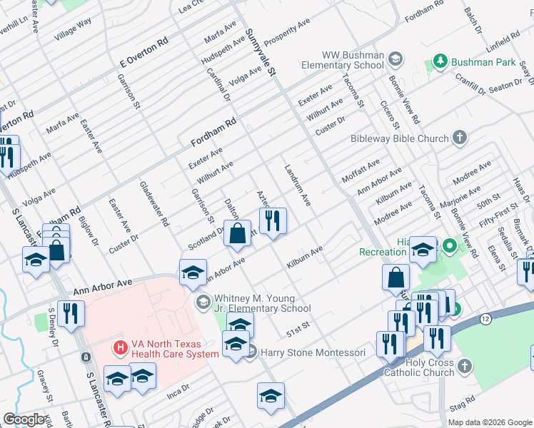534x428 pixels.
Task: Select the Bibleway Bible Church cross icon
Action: [460, 138]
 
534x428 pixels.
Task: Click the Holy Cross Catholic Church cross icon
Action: [465, 366]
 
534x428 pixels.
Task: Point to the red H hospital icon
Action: [121, 348]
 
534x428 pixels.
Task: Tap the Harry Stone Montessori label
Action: [313, 352]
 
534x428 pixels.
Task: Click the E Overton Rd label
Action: [143, 53]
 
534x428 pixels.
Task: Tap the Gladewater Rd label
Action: [154, 202]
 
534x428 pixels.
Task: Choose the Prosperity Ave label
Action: [288, 32]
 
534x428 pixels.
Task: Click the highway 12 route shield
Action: [485, 317]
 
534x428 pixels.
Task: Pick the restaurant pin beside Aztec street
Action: [272, 221]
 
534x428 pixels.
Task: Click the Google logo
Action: [24, 419]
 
